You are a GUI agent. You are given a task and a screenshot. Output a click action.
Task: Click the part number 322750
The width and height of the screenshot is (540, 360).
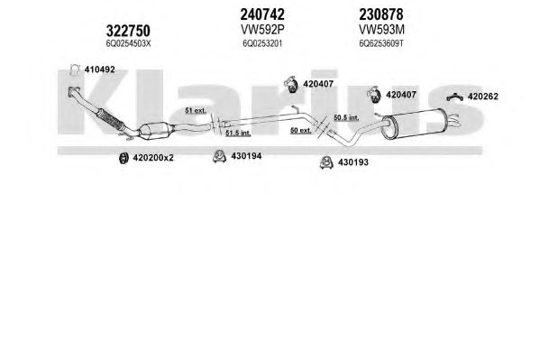(128, 31)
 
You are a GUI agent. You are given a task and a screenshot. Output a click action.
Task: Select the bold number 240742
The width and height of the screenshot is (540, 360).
(262, 14)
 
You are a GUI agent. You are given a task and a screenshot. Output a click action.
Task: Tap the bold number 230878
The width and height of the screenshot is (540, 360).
(381, 14)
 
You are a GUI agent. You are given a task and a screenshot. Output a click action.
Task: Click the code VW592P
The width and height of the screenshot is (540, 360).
(262, 30)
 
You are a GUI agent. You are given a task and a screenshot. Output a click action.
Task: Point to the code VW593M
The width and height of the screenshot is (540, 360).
(381, 30)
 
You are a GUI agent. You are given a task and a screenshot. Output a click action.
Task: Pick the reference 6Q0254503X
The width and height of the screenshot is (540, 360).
(128, 44)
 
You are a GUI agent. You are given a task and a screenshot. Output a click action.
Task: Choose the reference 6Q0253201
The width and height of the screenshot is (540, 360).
(262, 44)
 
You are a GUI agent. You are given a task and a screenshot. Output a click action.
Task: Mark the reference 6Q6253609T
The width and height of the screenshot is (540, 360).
(381, 44)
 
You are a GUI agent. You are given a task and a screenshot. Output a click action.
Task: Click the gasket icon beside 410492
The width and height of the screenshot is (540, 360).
(75, 70)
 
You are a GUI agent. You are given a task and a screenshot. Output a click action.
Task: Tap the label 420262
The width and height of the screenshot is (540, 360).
(483, 97)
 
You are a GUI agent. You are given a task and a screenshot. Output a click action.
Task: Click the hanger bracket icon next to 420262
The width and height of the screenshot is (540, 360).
(455, 98)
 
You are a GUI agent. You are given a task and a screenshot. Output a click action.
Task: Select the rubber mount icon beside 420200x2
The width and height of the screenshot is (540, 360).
(123, 158)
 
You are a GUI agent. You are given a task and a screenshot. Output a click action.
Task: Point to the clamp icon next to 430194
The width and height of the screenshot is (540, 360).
(219, 156)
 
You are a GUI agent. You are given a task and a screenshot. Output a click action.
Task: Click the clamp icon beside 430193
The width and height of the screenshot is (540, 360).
(325, 162)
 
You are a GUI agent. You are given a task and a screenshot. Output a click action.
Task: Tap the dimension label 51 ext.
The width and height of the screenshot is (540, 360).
(196, 111)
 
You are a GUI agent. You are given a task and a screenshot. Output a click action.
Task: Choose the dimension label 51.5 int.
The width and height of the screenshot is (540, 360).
(238, 133)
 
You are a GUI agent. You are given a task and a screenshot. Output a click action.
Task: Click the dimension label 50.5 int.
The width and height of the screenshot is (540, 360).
(346, 117)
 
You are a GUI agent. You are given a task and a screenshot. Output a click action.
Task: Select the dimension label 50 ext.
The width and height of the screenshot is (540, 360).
(300, 130)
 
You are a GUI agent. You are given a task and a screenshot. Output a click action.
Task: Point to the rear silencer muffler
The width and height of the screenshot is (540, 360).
(413, 124)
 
